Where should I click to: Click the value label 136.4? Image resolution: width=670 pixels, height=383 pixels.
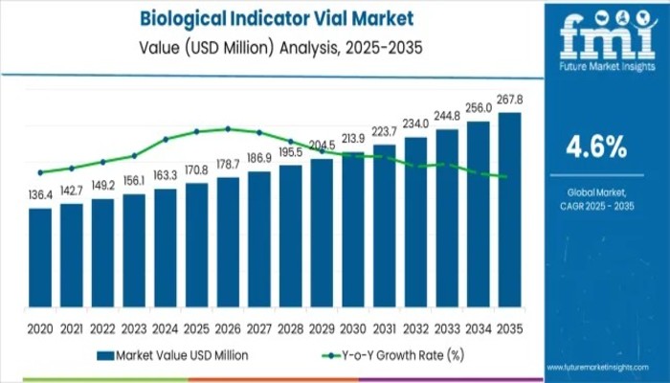(x=40, y=196)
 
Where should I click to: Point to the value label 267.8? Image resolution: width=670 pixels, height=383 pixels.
(x=510, y=101)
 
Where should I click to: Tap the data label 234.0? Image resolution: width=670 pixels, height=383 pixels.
(x=416, y=124)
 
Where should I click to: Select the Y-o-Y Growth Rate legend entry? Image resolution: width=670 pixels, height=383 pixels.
(x=393, y=354)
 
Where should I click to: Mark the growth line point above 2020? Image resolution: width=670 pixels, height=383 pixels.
(x=40, y=172)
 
